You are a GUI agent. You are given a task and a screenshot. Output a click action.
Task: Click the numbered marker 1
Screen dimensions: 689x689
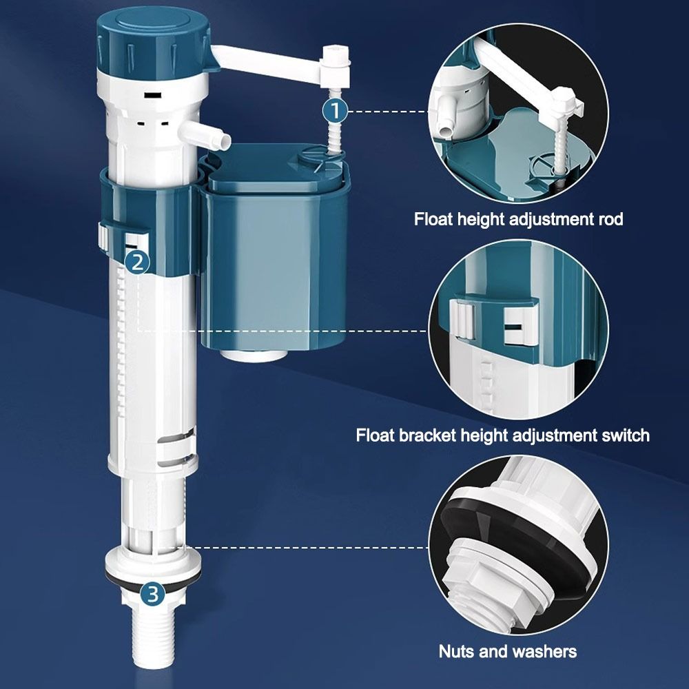335,110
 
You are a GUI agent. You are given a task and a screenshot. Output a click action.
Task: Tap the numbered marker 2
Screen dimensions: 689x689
138,261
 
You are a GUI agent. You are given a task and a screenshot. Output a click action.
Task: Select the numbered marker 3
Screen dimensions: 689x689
153,592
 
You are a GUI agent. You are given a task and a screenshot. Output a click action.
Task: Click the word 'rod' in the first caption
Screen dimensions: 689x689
609,220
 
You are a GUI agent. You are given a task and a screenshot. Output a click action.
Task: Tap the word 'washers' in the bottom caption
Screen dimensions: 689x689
544,651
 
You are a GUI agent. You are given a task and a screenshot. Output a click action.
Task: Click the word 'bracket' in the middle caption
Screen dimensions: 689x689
433,435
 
